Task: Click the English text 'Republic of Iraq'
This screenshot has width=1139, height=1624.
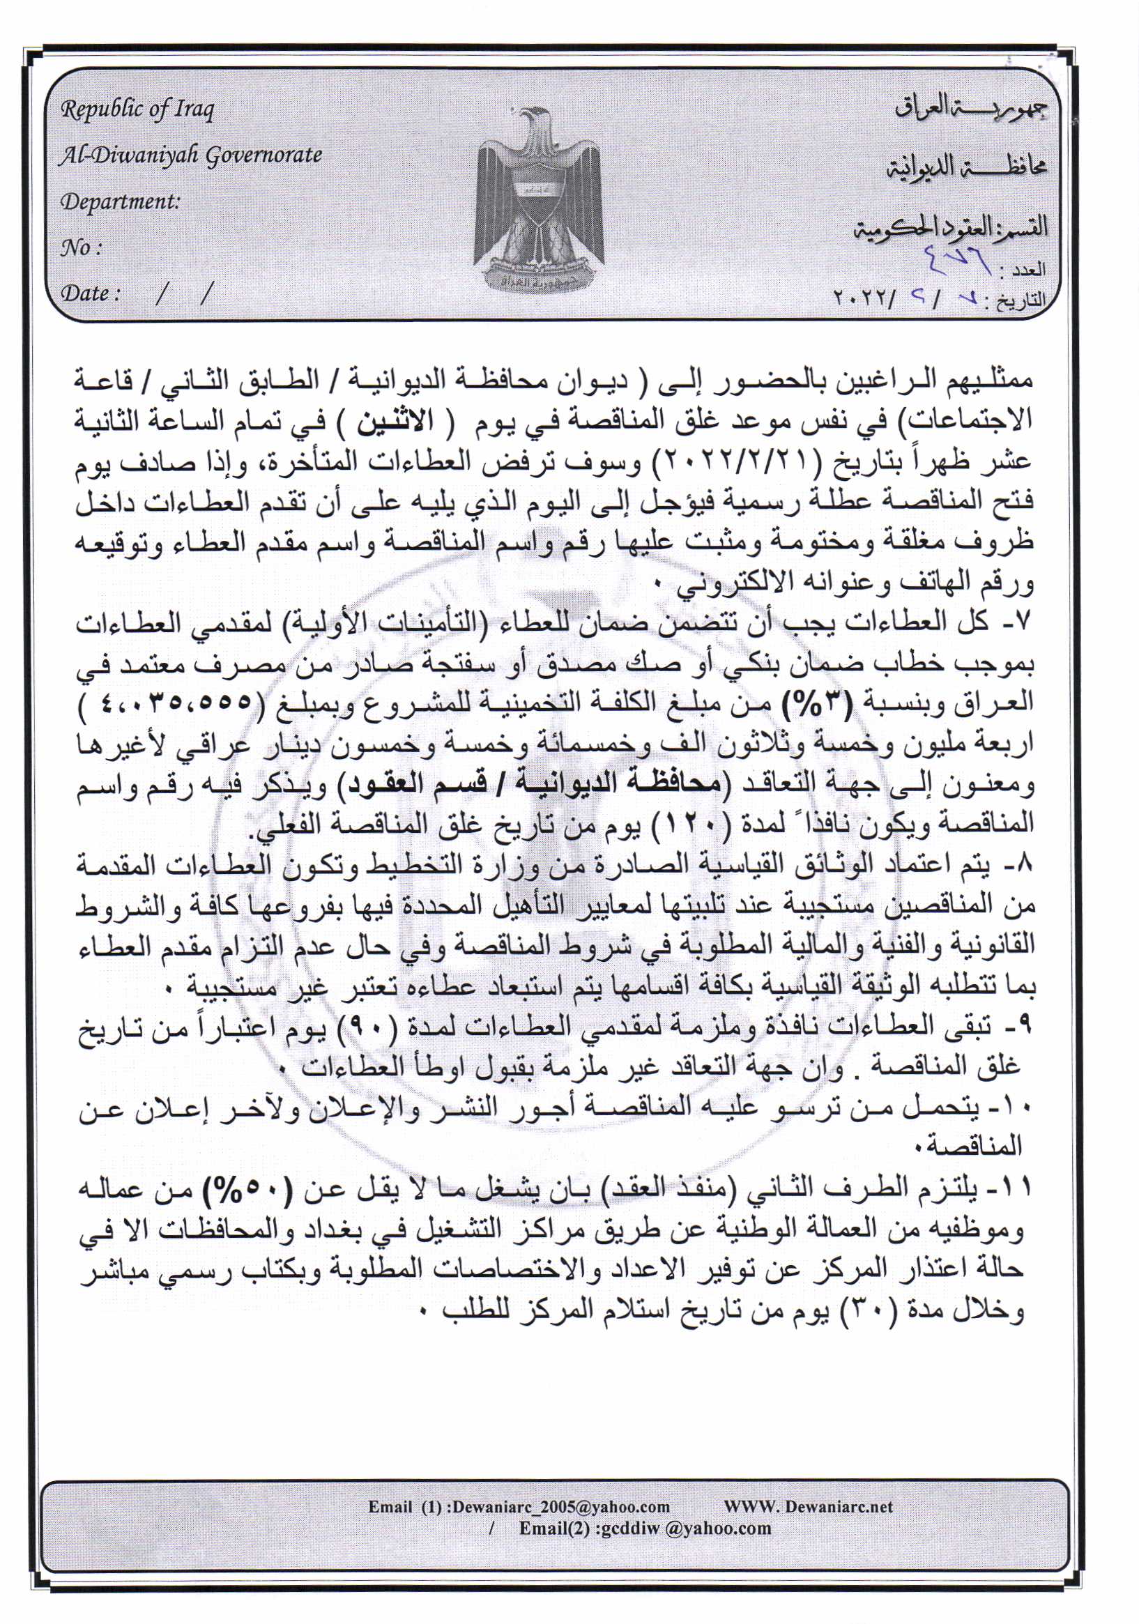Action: pos(137,109)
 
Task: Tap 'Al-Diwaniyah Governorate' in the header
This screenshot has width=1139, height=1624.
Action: pos(190,155)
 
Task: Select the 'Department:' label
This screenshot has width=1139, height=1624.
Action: pos(121,201)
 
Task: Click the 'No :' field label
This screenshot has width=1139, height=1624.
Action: pos(82,247)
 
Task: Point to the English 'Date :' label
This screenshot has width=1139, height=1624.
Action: pos(89,293)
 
